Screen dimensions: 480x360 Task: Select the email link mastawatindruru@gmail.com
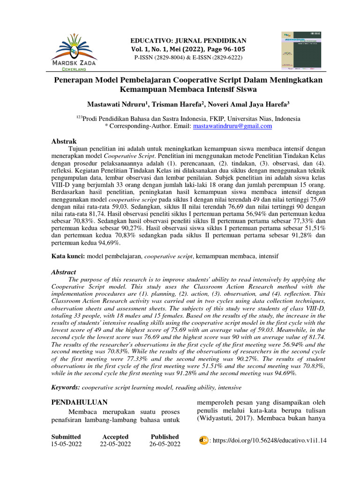(232, 126)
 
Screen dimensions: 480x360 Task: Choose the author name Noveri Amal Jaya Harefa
(250, 104)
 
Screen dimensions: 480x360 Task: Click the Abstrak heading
(63, 141)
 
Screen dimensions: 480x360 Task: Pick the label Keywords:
(66, 388)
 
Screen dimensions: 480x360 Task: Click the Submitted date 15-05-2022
(66, 443)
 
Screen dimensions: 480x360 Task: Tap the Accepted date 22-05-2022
(115, 443)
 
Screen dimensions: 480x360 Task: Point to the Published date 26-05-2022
(165, 443)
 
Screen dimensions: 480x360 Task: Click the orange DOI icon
(204, 440)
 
